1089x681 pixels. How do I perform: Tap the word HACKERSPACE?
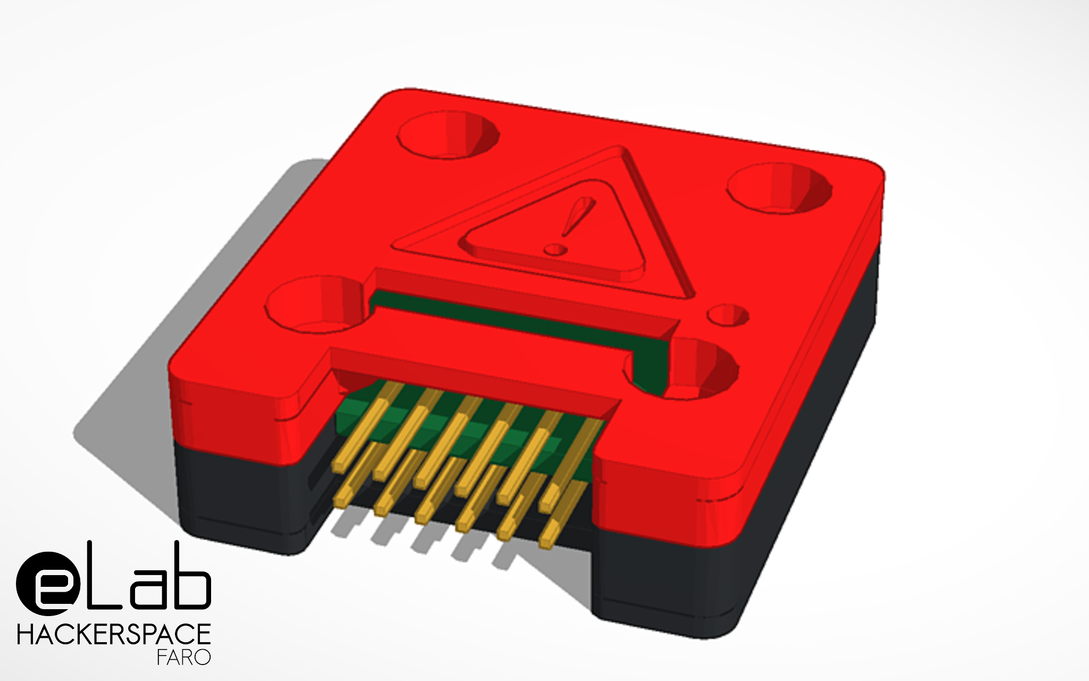[114, 635]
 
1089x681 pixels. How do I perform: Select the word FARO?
[184, 658]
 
